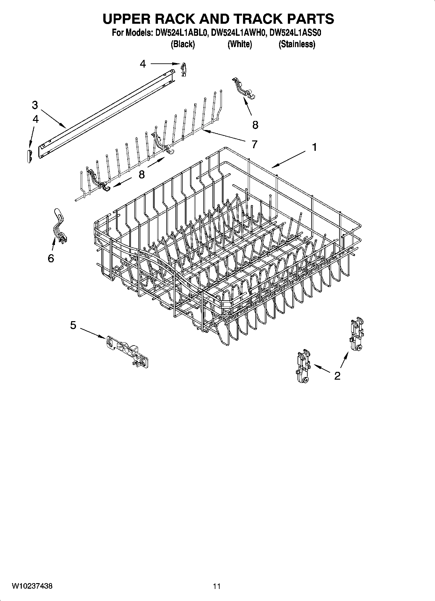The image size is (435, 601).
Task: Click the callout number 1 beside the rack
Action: click(x=314, y=147)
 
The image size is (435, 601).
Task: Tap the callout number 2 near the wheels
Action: click(x=337, y=376)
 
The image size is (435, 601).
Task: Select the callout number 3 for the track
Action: click(x=35, y=105)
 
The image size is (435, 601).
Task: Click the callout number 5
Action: click(x=73, y=325)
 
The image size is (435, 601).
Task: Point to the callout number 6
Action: click(x=51, y=258)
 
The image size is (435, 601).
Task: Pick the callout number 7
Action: click(x=254, y=144)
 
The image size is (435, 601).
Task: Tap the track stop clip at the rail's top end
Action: click(x=184, y=69)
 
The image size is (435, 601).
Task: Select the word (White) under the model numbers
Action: click(x=239, y=44)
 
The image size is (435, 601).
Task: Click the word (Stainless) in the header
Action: click(x=297, y=44)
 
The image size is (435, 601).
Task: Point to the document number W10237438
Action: click(x=32, y=586)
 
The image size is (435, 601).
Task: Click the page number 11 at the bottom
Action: click(x=217, y=586)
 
